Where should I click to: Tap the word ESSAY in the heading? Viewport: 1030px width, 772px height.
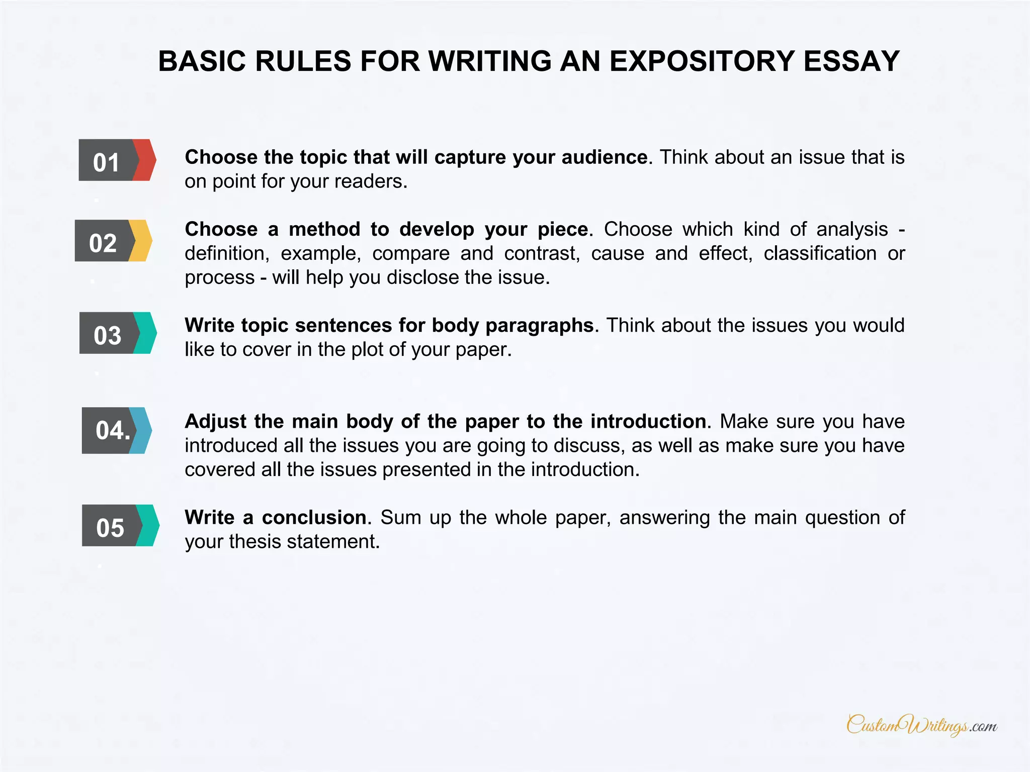pos(851,61)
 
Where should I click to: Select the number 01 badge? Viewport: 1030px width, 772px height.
pos(106,161)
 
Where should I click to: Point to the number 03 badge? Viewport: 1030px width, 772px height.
pos(108,334)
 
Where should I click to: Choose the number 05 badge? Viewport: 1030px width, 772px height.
pos(110,526)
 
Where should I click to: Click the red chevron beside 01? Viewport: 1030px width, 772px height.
pos(145,160)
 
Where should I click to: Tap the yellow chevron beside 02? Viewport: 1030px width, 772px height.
pos(141,241)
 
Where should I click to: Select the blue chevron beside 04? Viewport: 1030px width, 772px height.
pos(142,430)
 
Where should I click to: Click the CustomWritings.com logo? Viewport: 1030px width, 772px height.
pos(921,725)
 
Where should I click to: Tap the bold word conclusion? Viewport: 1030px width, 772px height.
pos(314,517)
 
